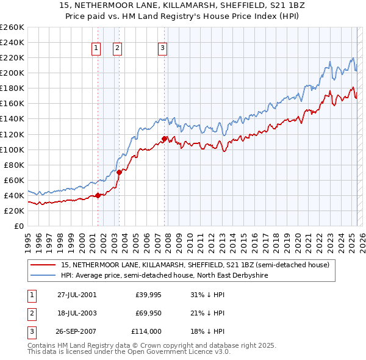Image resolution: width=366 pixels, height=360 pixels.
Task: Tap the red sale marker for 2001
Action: [98, 196]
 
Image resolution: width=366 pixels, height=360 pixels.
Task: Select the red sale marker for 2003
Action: [119, 172]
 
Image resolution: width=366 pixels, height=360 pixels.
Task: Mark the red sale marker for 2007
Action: [165, 139]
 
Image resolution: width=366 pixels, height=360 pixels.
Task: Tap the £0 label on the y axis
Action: [18, 226]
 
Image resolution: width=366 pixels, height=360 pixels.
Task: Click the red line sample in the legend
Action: [44, 265]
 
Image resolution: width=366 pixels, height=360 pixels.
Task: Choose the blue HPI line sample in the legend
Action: [44, 275]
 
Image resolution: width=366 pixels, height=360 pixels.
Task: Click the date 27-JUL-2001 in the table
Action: [77, 295]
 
